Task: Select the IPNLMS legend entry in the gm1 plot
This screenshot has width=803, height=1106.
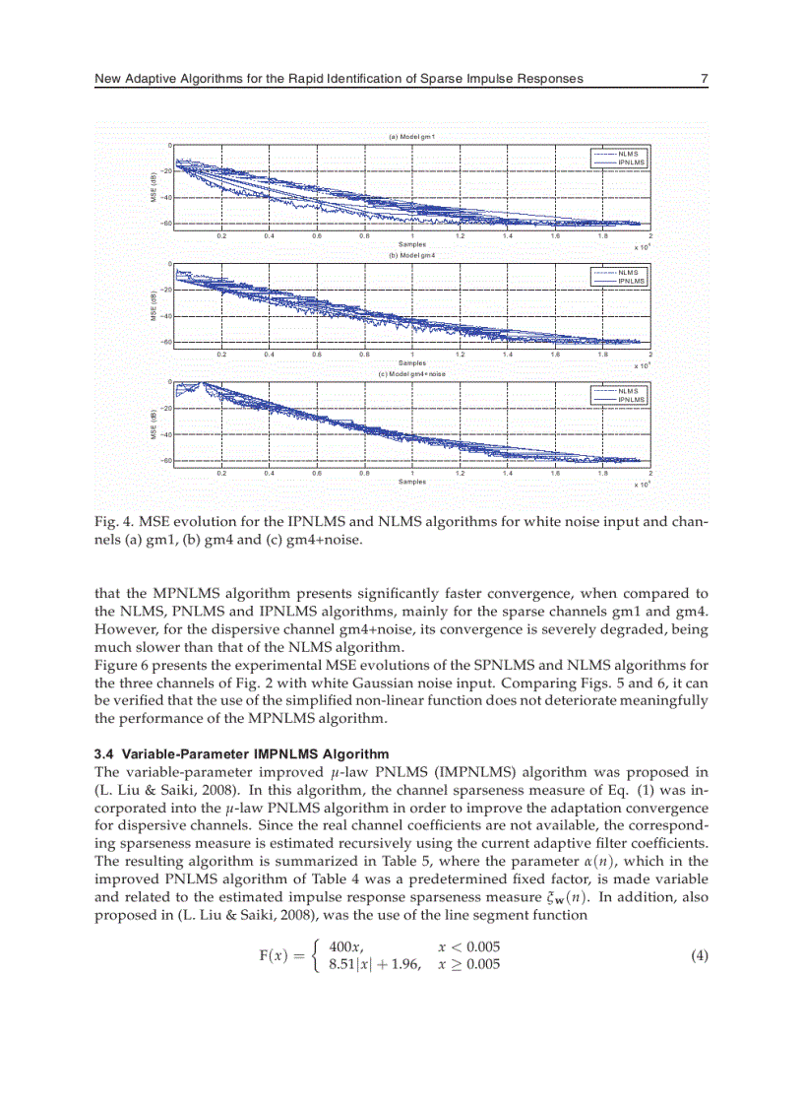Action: click(x=631, y=162)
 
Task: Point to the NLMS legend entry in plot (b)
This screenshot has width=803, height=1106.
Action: click(x=628, y=273)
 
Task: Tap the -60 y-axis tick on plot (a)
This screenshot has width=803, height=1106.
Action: click(x=166, y=224)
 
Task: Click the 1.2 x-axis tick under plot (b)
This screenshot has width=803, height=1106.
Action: click(x=460, y=355)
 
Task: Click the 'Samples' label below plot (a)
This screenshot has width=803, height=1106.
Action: click(x=412, y=244)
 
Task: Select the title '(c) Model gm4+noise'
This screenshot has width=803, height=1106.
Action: click(x=412, y=373)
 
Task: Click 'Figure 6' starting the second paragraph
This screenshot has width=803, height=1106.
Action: click(x=120, y=664)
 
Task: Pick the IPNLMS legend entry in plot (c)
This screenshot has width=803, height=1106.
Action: click(x=631, y=399)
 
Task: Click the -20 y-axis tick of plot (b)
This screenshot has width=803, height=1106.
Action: click(x=166, y=290)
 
